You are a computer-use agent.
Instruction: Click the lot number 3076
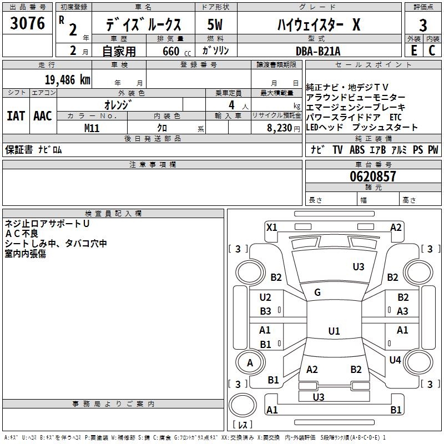(28, 24)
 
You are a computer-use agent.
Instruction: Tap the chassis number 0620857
(373, 177)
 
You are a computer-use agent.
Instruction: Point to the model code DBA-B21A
(318, 51)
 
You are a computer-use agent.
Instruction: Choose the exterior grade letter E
(413, 51)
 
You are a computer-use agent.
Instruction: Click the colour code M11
(92, 128)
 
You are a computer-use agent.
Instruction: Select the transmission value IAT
(16, 116)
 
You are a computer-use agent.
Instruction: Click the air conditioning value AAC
(43, 116)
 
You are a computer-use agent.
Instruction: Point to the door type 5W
(215, 25)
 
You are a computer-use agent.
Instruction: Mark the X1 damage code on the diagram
(272, 227)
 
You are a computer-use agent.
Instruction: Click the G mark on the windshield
(317, 292)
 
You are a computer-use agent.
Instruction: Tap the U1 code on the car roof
(334, 331)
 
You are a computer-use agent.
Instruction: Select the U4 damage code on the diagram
(395, 360)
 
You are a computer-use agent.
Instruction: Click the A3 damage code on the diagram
(402, 311)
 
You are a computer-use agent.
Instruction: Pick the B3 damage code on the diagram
(265, 311)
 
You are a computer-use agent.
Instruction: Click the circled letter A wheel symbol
(250, 363)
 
